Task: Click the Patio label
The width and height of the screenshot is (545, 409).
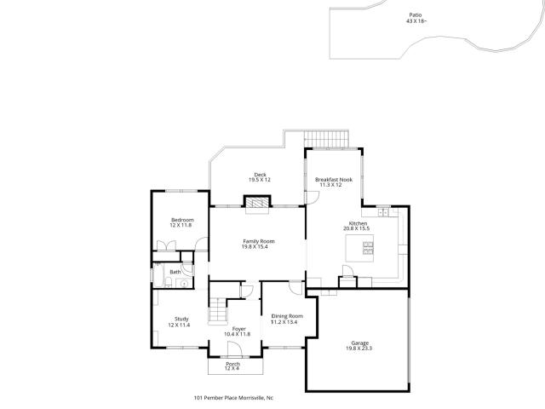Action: point(416,15)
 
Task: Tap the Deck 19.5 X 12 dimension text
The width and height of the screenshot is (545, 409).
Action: point(259,180)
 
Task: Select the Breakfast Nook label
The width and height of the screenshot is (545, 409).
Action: point(334,180)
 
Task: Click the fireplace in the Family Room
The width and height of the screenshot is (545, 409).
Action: point(257,202)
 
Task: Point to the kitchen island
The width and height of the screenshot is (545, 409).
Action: point(359,248)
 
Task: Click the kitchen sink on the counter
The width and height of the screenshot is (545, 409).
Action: point(383,212)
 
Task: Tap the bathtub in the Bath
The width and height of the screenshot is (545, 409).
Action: point(158,275)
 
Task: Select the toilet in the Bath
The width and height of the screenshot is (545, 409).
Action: point(169,282)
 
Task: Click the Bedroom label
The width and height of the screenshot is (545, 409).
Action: point(182,220)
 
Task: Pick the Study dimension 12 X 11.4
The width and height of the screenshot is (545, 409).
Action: point(179,325)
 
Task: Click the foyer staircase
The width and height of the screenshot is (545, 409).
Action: point(218,310)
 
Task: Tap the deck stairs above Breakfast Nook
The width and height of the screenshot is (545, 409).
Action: point(326,139)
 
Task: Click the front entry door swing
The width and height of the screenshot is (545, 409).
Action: point(234,349)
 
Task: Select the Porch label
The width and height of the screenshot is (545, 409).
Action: point(232,364)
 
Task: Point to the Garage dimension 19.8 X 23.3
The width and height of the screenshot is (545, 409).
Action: point(359,349)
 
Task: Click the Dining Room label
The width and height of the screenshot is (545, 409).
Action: point(287,316)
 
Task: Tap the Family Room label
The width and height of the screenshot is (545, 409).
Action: point(259,241)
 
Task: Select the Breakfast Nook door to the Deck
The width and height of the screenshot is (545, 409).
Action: point(313,198)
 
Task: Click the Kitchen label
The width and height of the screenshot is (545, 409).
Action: point(358,223)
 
